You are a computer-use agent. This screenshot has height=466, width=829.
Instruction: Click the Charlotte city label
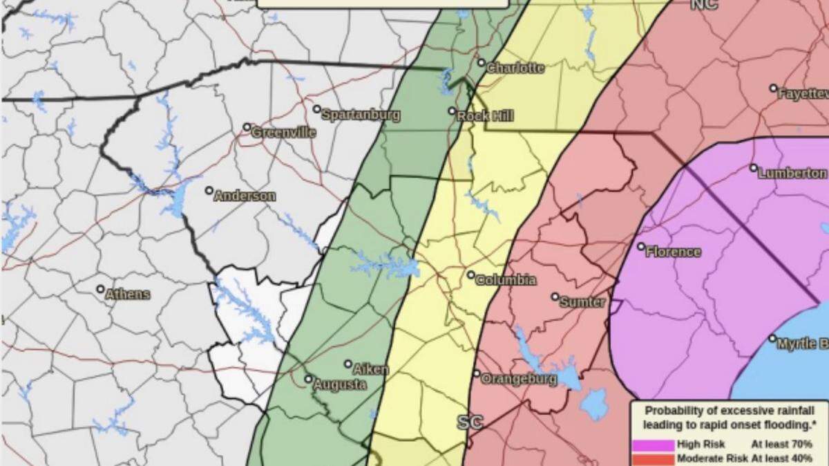click(515, 68)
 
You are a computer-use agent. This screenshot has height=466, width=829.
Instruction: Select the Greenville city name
click(284, 132)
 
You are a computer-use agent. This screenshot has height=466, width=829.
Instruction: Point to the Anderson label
click(245, 196)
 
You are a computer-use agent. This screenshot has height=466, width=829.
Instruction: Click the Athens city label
click(128, 295)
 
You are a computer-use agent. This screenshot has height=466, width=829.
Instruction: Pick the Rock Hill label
click(485, 116)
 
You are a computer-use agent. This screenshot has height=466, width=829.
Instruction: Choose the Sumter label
click(582, 302)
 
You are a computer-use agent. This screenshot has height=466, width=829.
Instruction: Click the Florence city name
click(673, 252)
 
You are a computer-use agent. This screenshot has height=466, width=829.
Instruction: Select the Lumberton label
click(792, 174)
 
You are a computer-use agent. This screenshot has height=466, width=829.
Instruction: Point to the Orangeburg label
click(518, 380)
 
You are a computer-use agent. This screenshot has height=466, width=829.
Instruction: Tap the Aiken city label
click(371, 370)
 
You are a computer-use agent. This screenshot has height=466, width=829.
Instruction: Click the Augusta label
click(340, 385)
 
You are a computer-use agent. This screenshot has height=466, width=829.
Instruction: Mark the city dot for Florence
click(641, 246)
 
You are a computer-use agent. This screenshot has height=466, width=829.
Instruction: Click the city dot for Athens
click(100, 289)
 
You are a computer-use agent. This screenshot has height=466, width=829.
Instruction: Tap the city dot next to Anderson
click(209, 190)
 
